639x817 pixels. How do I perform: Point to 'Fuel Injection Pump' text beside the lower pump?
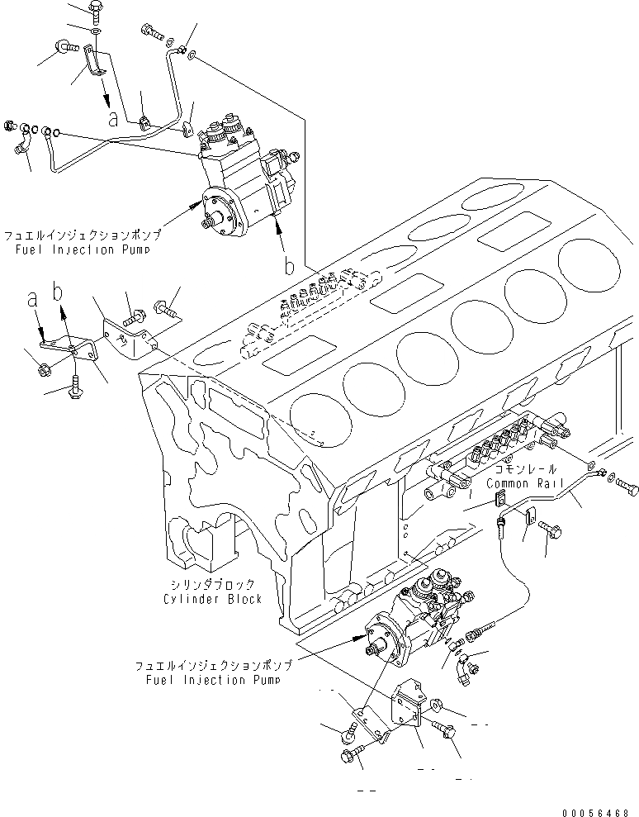[210, 680]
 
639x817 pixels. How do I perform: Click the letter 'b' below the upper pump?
[289, 267]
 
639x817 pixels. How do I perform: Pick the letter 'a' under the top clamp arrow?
[113, 119]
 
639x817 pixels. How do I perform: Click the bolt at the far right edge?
[627, 487]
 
